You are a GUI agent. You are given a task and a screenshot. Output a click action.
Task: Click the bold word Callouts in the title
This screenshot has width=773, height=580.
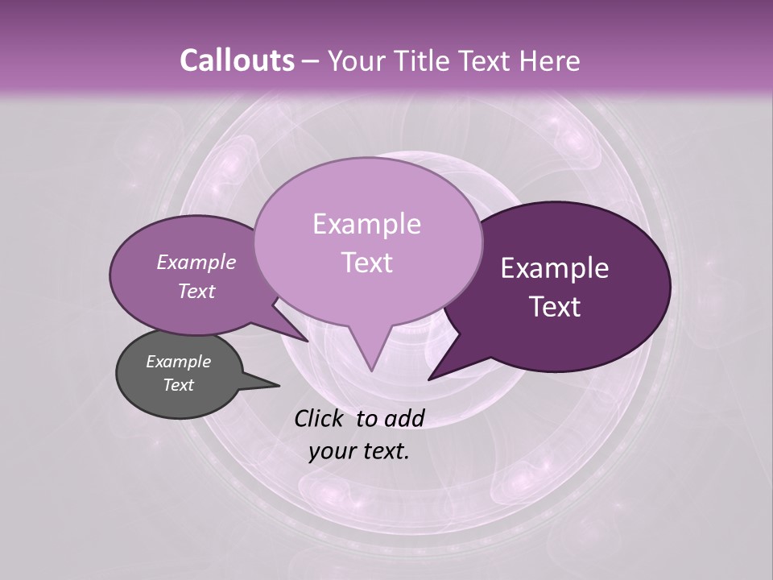click(237, 60)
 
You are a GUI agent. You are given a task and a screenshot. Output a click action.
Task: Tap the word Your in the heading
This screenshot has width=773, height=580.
click(357, 60)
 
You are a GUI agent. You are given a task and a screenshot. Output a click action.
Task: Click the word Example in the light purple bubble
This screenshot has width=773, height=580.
click(366, 224)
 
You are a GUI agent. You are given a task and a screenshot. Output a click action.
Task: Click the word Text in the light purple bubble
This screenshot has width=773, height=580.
click(366, 263)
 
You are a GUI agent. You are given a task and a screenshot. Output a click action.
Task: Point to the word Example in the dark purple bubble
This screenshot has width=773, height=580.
click(555, 268)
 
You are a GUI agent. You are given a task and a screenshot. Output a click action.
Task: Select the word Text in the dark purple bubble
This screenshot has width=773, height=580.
click(555, 307)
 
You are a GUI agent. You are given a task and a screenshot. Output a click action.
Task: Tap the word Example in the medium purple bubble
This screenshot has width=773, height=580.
click(196, 262)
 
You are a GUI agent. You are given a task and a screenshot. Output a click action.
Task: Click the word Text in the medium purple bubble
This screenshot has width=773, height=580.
click(196, 291)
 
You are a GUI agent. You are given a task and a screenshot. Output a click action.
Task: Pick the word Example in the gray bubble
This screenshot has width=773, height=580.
click(178, 362)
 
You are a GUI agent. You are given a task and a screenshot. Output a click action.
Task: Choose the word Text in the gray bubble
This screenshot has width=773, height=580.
click(178, 385)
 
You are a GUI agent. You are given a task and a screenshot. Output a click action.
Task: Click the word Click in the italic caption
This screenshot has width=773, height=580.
click(321, 418)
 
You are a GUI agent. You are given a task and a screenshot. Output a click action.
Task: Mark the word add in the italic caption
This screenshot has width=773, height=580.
click(403, 418)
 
